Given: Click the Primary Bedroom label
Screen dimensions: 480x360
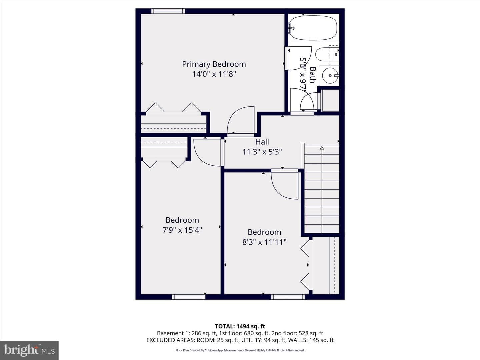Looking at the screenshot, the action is pyautogui.click(x=214, y=64).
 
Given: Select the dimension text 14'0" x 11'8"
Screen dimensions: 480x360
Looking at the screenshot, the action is pyautogui.click(x=214, y=74).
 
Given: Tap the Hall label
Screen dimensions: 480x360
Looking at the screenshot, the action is pyautogui.click(x=262, y=142).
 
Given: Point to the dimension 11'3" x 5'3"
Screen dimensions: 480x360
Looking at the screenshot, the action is pyautogui.click(x=262, y=152).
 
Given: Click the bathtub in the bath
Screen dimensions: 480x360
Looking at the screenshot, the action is pyautogui.click(x=313, y=28).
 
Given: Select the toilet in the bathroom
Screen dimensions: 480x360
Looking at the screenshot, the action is pyautogui.click(x=327, y=54).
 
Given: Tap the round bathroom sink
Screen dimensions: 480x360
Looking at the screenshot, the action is pyautogui.click(x=330, y=76).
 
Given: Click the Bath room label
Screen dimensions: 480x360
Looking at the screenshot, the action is pyautogui.click(x=313, y=75).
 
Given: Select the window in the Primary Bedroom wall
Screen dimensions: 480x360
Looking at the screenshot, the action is pyautogui.click(x=168, y=11).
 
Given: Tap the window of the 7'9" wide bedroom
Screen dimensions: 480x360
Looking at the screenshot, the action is pyautogui.click(x=189, y=297).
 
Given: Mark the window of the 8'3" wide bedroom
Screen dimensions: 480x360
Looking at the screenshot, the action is pyautogui.click(x=288, y=297).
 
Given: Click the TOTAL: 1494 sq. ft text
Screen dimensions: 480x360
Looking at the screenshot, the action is pyautogui.click(x=240, y=326).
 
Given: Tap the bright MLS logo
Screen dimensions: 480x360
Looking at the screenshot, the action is pyautogui.click(x=29, y=350).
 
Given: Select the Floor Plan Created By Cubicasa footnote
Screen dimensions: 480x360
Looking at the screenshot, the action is pyautogui.click(x=240, y=350).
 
